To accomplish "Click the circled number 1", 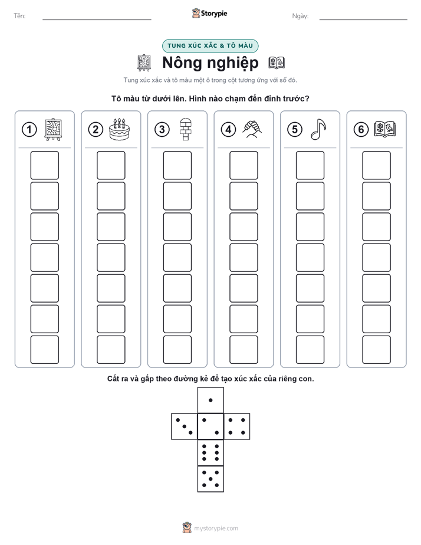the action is point(29,130).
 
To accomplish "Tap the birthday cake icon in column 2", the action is point(119,129).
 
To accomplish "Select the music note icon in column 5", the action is point(318,129).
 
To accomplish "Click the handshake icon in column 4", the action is point(252,129).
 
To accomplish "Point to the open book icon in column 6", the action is point(385,129).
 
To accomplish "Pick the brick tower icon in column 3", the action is point(186,129).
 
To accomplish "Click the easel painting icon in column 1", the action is point(53,129).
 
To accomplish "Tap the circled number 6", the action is point(361,130).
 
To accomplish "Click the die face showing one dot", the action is point(210,400).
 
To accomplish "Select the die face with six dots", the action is point(210,452).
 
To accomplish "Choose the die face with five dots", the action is point(210,478).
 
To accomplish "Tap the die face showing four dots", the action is point(237,426).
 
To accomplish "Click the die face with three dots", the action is point(185,426).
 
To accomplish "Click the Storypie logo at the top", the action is point(209,13).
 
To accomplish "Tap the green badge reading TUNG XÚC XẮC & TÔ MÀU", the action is point(210,46).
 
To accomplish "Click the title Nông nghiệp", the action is point(210,63).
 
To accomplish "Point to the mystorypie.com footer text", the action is point(216,528).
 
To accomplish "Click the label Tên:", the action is point(19,16).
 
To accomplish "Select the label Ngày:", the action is point(301,16).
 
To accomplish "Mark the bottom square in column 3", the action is point(177,349).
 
